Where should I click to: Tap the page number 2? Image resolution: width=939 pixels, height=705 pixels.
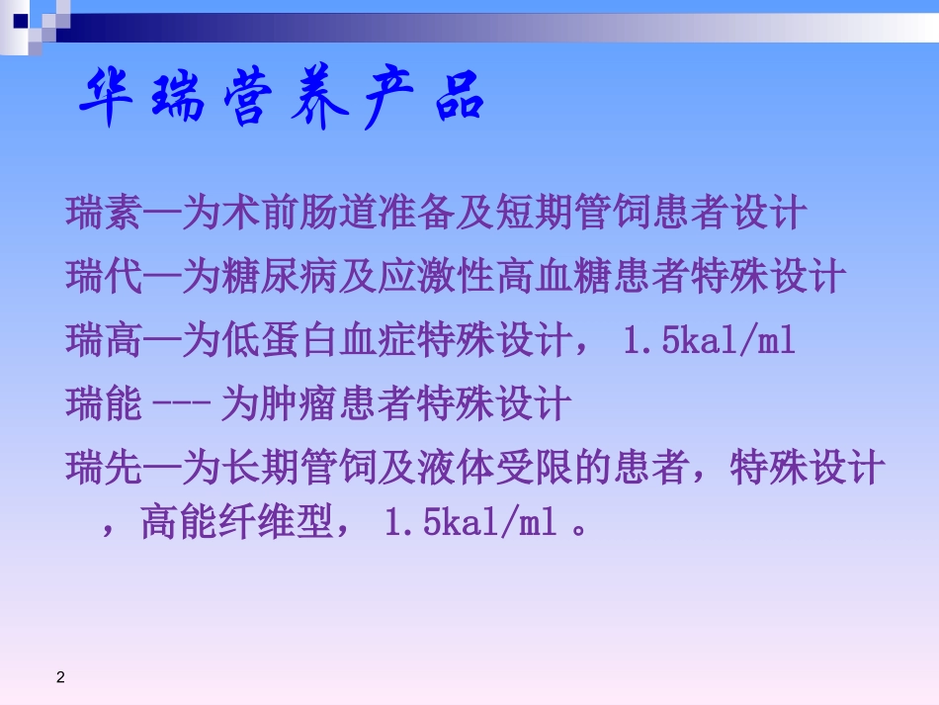coord(60,677)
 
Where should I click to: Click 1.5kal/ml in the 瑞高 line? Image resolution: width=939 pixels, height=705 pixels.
coord(709,340)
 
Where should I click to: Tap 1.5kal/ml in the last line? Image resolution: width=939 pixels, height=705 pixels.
coord(469,523)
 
